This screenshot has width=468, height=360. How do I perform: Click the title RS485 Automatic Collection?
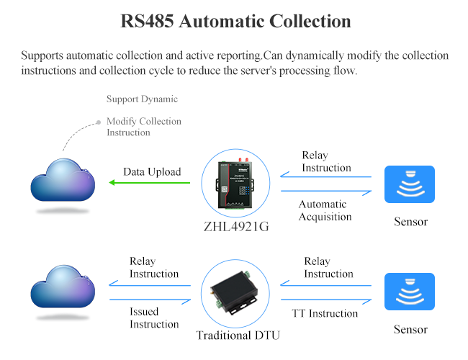[235, 21]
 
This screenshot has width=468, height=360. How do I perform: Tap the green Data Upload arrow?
[150, 183]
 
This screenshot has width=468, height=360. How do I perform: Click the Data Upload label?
[152, 171]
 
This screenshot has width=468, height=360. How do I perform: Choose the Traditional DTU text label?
[235, 335]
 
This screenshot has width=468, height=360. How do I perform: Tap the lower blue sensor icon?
[410, 292]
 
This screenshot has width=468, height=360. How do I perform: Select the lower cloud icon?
[63, 288]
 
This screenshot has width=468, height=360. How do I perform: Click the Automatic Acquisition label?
[325, 210]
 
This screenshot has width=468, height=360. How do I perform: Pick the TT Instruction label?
[325, 313]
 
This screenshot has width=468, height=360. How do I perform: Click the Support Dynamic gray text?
[142, 99]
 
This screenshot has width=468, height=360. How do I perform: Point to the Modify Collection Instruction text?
[143, 127]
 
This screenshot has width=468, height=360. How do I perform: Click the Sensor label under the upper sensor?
[410, 222]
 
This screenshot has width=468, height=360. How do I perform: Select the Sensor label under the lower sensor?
[410, 330]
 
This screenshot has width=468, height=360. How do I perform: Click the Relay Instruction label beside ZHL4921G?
[326, 161]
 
